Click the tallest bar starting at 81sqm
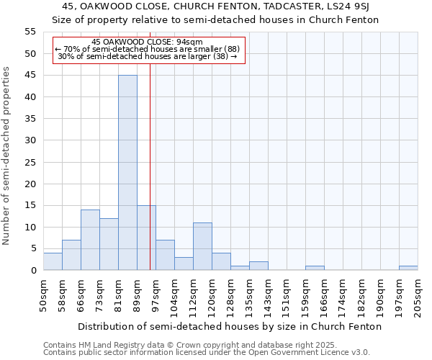pyautogui.click(x=127, y=173)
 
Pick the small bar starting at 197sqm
pyautogui.click(x=408, y=268)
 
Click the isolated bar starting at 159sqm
pyautogui.click(x=315, y=268)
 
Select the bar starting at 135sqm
pyautogui.click(x=258, y=266)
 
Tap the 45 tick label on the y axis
pyautogui.click(x=30, y=76)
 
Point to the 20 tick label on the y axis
pyautogui.click(x=30, y=184)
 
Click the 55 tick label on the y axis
pyautogui.click(x=30, y=32)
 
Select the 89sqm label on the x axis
pyautogui.click(x=137, y=296)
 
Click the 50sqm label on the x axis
pyautogui.click(x=43, y=296)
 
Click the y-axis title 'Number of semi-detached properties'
pyautogui.click(x=6, y=156)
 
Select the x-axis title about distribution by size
pyautogui.click(x=230, y=326)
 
